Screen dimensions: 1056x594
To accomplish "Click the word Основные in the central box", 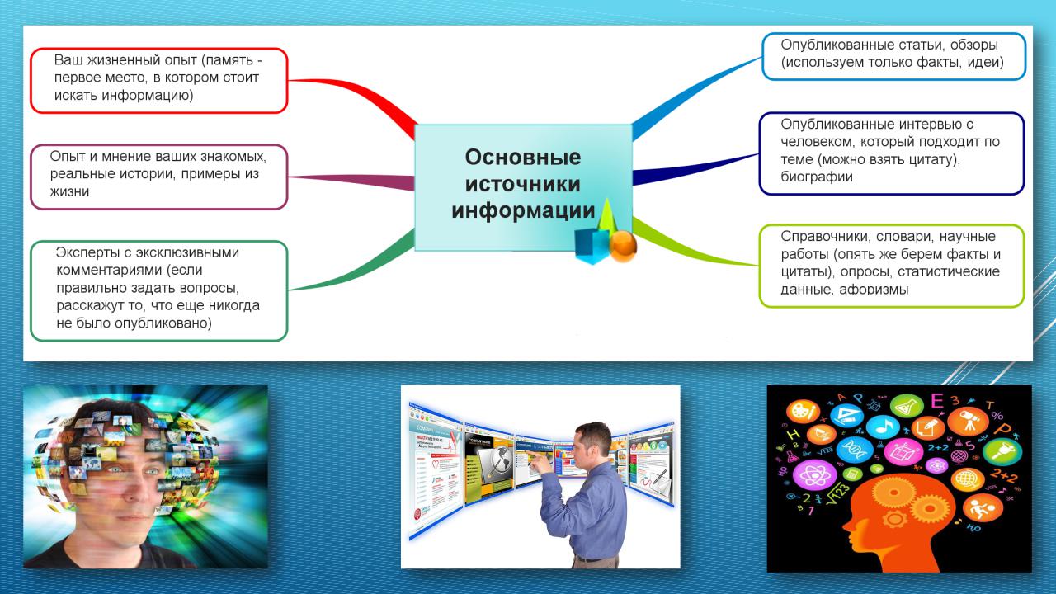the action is (x=523, y=158).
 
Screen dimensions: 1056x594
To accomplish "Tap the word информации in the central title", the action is (x=523, y=210).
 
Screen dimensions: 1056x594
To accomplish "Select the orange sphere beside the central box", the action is (x=623, y=246).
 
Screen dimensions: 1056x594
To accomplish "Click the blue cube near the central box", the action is (x=592, y=246).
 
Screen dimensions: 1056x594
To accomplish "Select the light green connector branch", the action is (x=693, y=245).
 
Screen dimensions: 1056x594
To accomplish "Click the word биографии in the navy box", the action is (x=817, y=177).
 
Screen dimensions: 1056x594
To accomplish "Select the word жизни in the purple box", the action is (x=69, y=192).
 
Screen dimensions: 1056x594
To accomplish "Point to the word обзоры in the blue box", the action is (x=974, y=45).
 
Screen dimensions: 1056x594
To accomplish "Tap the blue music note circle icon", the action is (x=883, y=427).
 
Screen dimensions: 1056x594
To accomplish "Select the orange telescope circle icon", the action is (x=969, y=421).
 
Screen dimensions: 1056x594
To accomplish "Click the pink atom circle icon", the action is (x=814, y=474).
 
